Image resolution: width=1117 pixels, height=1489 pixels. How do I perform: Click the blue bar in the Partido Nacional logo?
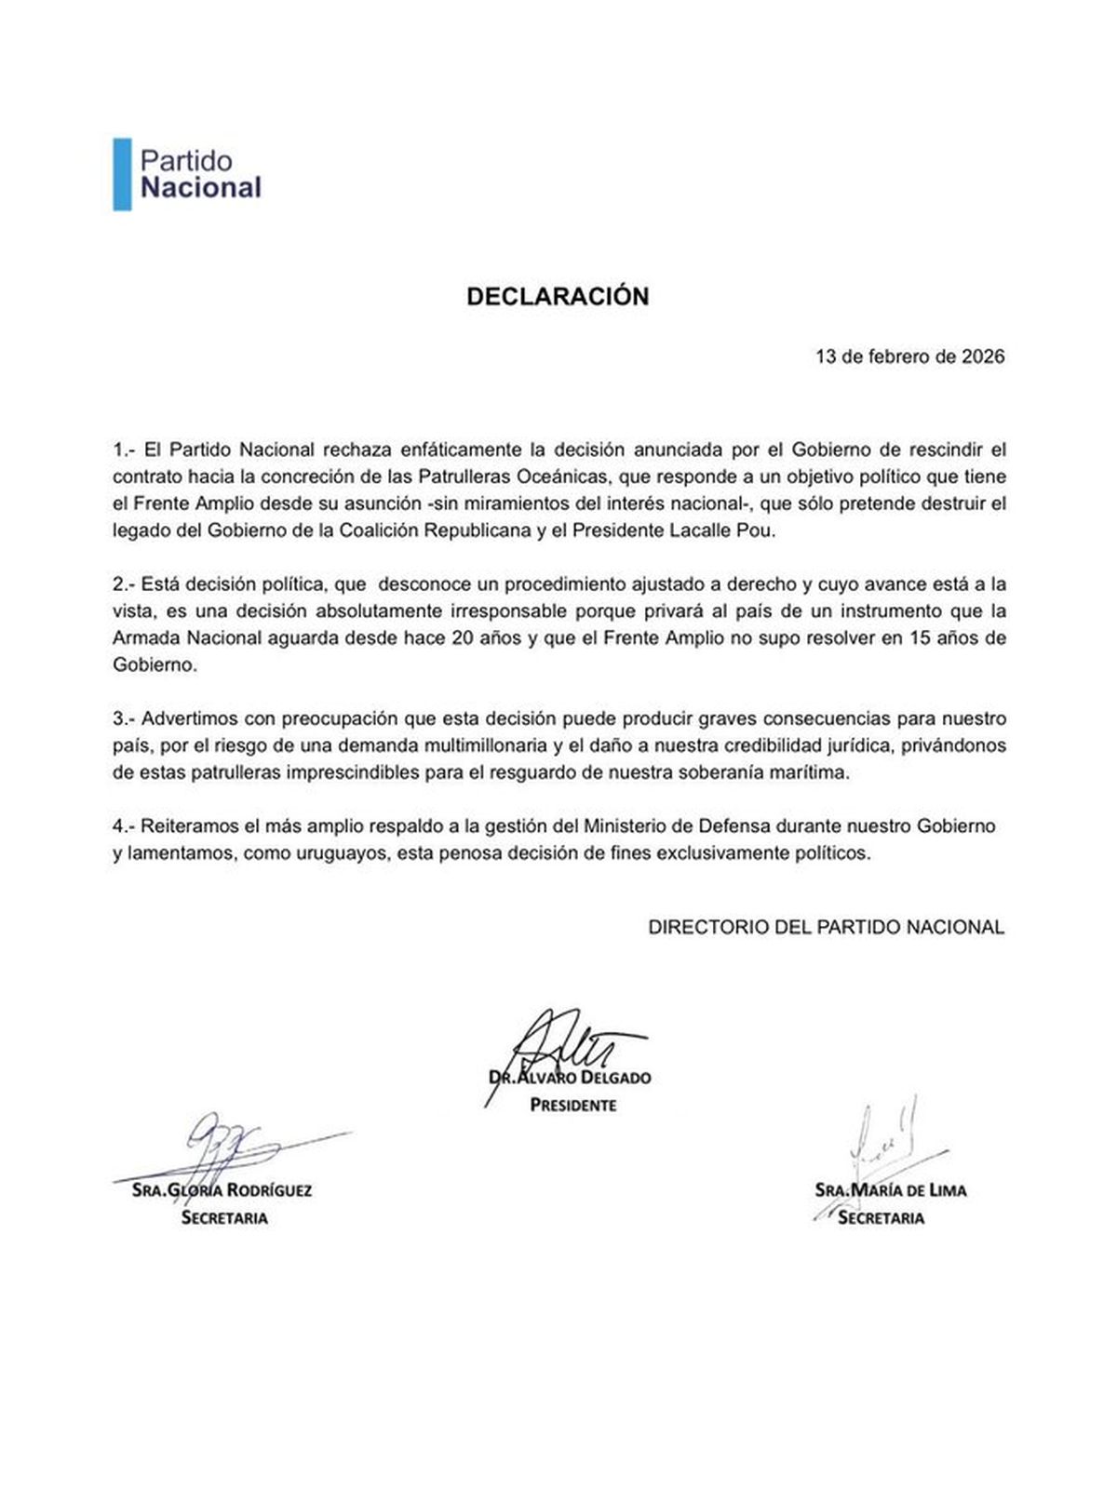(122, 174)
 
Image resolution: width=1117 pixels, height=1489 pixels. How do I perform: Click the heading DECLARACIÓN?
(558, 296)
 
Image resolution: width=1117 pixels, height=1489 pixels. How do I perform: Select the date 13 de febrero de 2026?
(909, 356)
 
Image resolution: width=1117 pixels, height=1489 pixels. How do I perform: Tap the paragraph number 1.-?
(125, 449)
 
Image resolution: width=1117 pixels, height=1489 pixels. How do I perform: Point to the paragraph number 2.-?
(125, 584)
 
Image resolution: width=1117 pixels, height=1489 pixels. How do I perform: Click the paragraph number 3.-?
(125, 719)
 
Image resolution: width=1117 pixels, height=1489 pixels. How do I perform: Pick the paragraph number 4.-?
(125, 826)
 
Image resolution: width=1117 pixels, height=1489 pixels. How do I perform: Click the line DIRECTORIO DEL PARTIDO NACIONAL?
(826, 928)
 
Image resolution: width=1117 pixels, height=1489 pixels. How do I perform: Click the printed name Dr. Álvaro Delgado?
(570, 1078)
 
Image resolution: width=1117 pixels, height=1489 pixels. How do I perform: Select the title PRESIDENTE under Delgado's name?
(573, 1106)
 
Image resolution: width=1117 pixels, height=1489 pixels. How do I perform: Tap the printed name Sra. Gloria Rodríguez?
(222, 1190)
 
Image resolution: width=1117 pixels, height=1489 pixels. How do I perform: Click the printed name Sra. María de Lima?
(890, 1190)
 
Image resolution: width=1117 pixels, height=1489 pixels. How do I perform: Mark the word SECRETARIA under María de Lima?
(881, 1218)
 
